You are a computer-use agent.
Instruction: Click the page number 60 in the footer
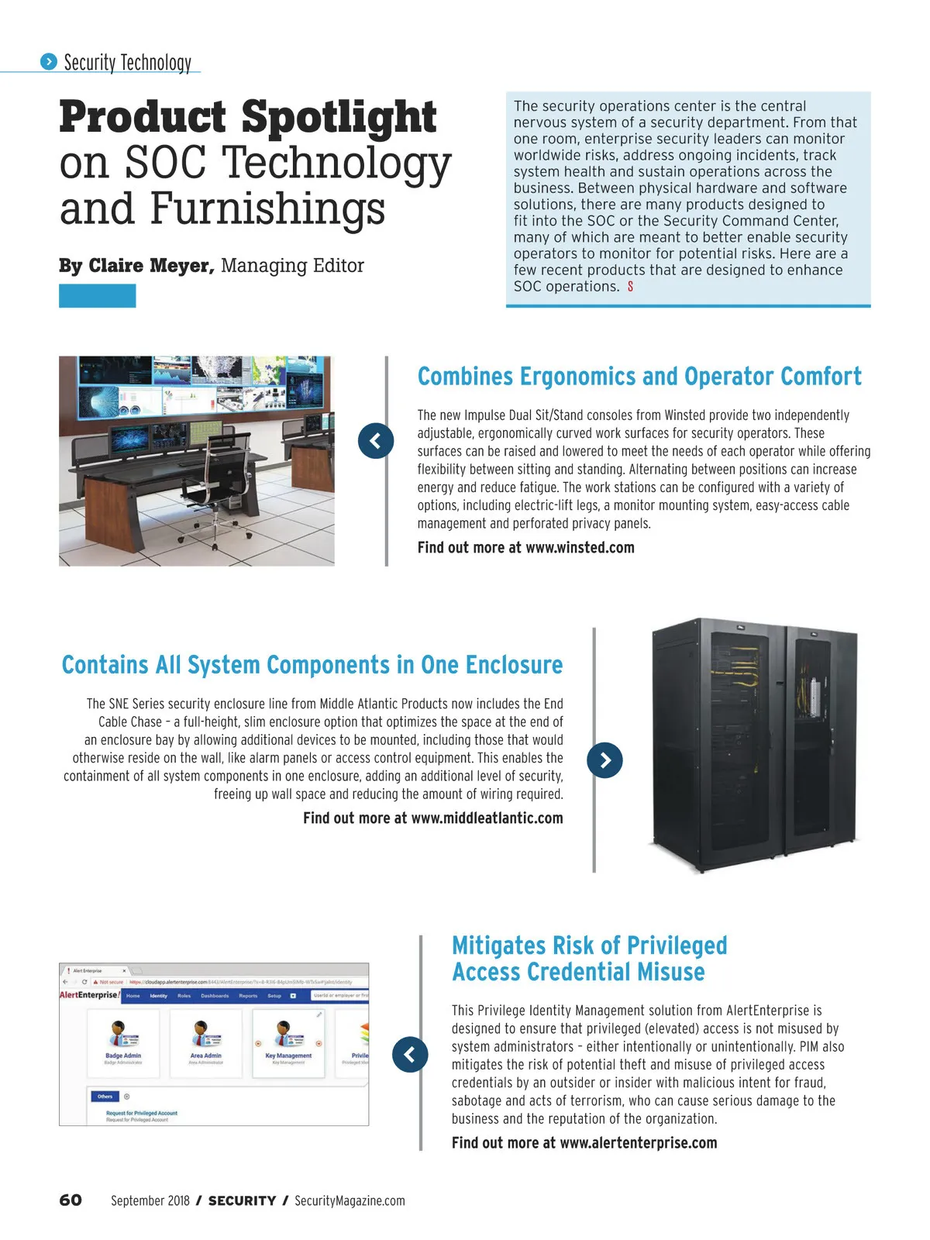(x=71, y=1200)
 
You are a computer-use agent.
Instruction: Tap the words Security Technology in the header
(x=127, y=62)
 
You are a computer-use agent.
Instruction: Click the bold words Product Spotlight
(x=248, y=117)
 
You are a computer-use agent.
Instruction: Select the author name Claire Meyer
(x=150, y=266)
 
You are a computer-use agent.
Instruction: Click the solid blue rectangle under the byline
(x=97, y=296)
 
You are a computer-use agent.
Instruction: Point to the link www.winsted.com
(x=580, y=547)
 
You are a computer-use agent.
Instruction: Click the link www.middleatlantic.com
(x=487, y=818)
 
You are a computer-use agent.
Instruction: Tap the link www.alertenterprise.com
(x=638, y=1142)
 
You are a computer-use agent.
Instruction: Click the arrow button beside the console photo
(x=376, y=441)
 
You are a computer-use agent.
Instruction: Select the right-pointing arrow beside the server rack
(x=605, y=760)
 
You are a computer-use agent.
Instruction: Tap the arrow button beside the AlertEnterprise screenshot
(x=410, y=1054)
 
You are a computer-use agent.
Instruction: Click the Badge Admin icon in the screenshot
(x=122, y=1034)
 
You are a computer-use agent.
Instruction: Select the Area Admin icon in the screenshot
(x=205, y=1034)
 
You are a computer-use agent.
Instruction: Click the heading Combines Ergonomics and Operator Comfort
(x=639, y=377)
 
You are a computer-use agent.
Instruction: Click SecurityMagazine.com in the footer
(x=350, y=1200)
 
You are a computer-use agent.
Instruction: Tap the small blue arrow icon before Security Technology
(x=49, y=62)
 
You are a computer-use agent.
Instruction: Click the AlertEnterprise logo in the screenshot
(x=89, y=995)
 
